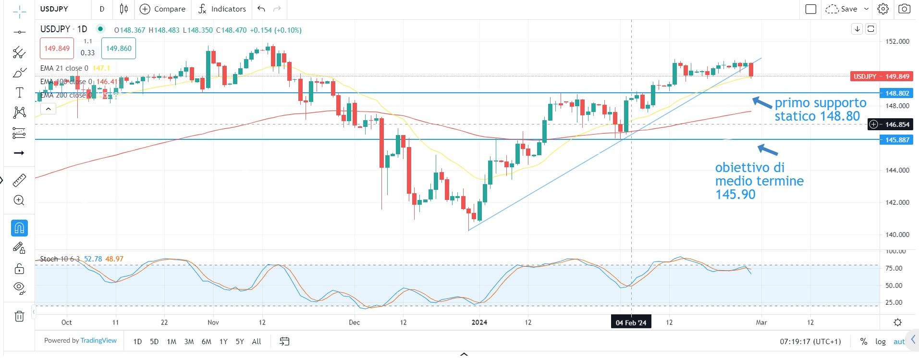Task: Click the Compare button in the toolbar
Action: (x=162, y=9)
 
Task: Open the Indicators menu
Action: (x=222, y=9)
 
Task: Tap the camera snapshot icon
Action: (x=904, y=9)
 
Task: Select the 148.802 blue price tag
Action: (x=896, y=93)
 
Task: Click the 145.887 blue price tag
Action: (x=896, y=140)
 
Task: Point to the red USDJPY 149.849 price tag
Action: (x=881, y=76)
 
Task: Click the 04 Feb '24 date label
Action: (x=631, y=323)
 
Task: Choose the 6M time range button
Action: (x=206, y=342)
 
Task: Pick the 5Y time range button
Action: (x=240, y=342)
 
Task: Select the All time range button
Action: (x=257, y=342)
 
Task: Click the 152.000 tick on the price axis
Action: (x=897, y=41)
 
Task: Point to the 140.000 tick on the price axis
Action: (x=897, y=235)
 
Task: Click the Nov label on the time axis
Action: (x=213, y=323)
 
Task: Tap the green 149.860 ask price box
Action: (x=119, y=49)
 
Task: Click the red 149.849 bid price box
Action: (x=57, y=49)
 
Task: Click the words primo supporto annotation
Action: (x=820, y=103)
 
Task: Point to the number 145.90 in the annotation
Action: (x=735, y=195)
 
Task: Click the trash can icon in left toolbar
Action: (x=19, y=316)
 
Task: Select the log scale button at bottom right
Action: (x=880, y=342)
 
